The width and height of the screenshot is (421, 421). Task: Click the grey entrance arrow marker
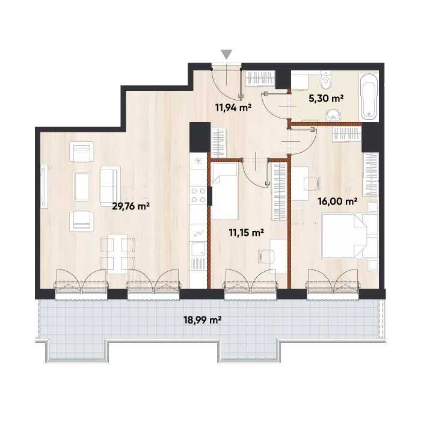(227, 54)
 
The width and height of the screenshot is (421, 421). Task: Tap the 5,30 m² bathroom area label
(326, 99)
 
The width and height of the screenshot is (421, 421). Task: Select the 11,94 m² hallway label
(233, 108)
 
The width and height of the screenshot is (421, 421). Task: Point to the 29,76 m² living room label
(131, 206)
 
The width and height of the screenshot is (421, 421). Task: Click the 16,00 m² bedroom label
(337, 201)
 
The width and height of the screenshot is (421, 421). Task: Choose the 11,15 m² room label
(247, 233)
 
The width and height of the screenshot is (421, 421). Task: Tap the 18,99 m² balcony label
(203, 320)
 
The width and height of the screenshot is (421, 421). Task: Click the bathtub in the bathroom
(369, 96)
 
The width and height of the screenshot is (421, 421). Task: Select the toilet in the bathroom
(326, 79)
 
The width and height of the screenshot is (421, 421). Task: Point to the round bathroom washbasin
(333, 115)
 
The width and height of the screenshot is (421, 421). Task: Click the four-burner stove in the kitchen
(198, 195)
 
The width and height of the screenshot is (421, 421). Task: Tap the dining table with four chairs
(117, 254)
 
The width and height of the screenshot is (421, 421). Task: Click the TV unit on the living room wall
(44, 186)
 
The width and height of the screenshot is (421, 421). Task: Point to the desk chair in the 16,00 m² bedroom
(312, 183)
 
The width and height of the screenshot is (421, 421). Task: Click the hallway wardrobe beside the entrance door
(260, 78)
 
